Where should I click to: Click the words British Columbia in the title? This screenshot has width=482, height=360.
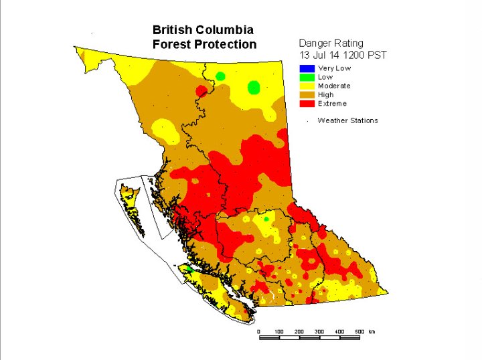(203, 30)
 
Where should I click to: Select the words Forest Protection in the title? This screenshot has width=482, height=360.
(204, 45)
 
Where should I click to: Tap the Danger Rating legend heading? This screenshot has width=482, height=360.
(331, 43)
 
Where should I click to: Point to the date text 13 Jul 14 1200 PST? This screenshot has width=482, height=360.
(342, 54)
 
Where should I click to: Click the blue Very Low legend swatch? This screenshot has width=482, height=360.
(307, 68)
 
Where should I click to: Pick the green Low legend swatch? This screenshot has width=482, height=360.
(307, 77)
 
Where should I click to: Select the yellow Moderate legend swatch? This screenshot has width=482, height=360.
(307, 86)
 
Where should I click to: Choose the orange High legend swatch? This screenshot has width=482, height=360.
(307, 94)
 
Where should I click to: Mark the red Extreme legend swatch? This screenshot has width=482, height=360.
(307, 104)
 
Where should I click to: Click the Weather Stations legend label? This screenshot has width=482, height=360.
(347, 120)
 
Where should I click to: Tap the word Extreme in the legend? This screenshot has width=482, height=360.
(332, 104)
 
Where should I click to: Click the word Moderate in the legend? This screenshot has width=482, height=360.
(334, 86)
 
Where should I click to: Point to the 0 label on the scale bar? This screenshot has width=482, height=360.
(258, 331)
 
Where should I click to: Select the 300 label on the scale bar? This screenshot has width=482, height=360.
(319, 331)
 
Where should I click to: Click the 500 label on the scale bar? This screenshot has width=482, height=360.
(359, 331)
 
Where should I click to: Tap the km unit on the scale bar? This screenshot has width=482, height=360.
(372, 331)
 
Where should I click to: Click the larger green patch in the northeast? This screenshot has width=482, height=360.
(254, 87)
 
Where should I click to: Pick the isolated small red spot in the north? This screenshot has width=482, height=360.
(201, 90)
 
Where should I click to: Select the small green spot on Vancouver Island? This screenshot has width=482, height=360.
(189, 268)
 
